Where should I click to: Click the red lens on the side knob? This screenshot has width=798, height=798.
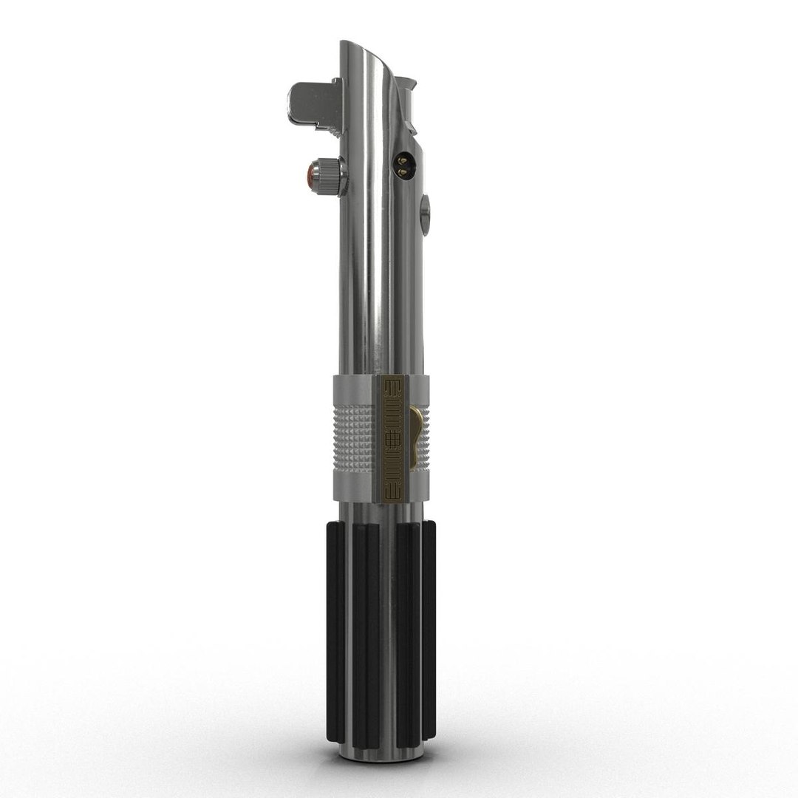[x=307, y=175]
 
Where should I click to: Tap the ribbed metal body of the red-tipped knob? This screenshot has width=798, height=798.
[x=326, y=177]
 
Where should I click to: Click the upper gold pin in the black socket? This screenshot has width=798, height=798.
[x=402, y=158]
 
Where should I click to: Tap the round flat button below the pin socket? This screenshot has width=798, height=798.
[x=424, y=214]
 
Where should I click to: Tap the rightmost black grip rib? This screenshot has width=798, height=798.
[x=429, y=628]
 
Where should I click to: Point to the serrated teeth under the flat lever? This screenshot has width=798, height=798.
[x=329, y=126]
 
